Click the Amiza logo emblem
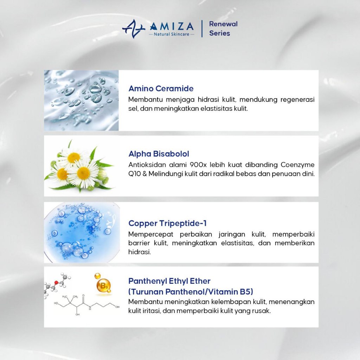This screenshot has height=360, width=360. pos(134,29)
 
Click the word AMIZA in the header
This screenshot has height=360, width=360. pos(172,26)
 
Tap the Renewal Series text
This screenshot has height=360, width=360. pos(223,28)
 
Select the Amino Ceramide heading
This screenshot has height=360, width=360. pos(161,88)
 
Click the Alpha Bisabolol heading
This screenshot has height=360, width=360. pos(159,154)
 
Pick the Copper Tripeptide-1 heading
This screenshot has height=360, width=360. pos(167,223)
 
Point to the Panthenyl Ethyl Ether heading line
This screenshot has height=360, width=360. pos(169,281)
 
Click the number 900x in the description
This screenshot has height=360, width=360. pos(198,165)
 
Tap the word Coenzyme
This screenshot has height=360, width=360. pos(297,165)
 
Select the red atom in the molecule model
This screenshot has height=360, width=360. pos(56,282)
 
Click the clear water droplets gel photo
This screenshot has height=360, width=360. pos(81,100)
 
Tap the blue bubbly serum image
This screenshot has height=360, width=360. pos(82,232)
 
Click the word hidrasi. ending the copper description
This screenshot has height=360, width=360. pos(140,252)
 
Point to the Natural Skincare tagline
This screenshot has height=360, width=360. pos(172,34)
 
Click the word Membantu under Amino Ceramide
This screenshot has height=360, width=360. pos(145,99)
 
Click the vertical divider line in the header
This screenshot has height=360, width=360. pos(202,29)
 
